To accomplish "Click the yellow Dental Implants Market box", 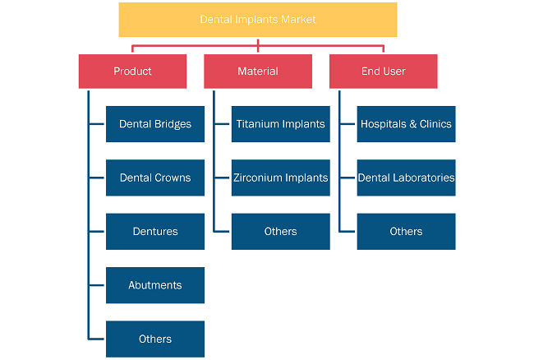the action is pos(258,20).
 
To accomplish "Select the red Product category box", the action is pos(132,72).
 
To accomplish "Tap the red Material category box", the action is pos(258,72).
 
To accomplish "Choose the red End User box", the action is pos(383,72).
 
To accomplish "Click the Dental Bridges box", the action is pos(155,124).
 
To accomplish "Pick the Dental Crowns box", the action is pos(155,178).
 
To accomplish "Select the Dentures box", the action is pos(155,232).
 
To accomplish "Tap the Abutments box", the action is pos(155,285).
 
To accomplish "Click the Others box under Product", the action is pos(155,339).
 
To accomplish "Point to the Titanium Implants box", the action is pos(281,124).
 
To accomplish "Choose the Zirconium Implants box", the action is pos(281,178).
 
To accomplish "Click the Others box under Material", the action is pos(281,232).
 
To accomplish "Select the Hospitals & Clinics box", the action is pos(407,124).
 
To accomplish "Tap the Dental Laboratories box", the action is pos(407,178).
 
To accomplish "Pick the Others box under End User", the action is pos(407,232).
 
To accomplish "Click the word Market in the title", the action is pos(298,20).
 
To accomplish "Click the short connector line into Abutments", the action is pos(96,285).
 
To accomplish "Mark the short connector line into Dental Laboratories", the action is pos(348,178).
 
